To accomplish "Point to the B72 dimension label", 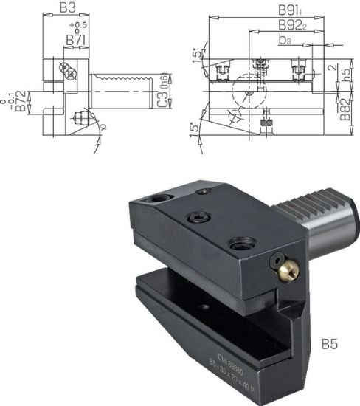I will tap(21, 101).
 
